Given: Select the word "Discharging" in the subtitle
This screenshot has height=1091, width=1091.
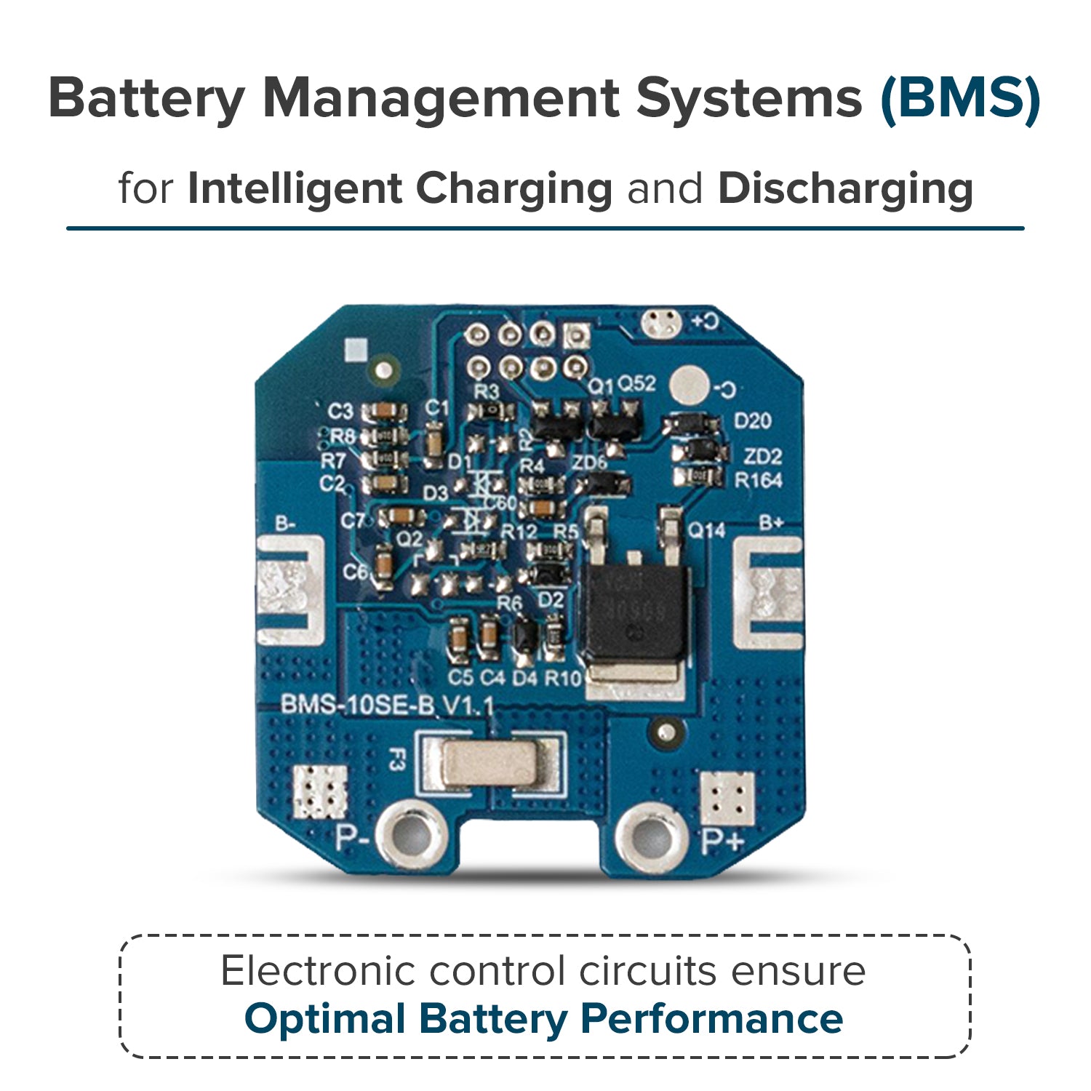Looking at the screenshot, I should pos(845,188).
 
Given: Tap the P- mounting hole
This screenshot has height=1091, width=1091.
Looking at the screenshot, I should pos(412,837).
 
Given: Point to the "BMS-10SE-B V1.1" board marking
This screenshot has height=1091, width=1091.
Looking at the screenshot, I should pos(387,706).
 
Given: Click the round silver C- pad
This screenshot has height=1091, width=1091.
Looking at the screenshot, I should pos(688,385).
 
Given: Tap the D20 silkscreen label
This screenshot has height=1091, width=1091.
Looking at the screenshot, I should pos(752,421).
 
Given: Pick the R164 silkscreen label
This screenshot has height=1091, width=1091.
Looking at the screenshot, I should pos(757,480).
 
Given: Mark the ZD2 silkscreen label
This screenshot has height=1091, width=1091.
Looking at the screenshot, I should pos(762,457).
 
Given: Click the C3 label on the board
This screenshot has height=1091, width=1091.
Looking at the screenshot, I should pos(340,411).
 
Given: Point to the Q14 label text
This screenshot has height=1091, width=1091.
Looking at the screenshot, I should pos(706,531).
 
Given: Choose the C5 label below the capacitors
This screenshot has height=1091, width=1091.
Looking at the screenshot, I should pos(460,678).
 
